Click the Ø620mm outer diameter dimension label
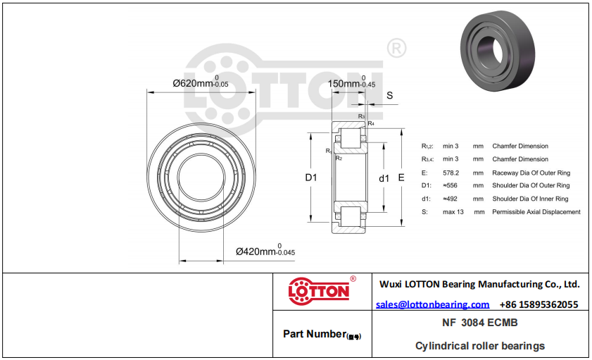coord(201,82)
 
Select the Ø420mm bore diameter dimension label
coord(265,251)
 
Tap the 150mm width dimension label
coord(351,82)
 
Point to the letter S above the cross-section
coord(390,96)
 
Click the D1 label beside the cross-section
coord(311,177)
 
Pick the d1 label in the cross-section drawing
coord(384,178)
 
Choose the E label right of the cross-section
coord(401,178)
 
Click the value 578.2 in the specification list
coord(451,173)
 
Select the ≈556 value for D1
coord(450,185)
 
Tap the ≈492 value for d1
coord(450,199)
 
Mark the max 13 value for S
coord(453,212)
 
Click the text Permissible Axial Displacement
coord(536,212)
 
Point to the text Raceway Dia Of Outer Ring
coord(531,173)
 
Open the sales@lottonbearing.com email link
coord(433,304)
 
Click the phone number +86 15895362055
coord(539,304)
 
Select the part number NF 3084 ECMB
coord(480,323)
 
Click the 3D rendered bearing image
coord(498,51)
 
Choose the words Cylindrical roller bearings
coord(480,346)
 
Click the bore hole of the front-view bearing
coord(201,177)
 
